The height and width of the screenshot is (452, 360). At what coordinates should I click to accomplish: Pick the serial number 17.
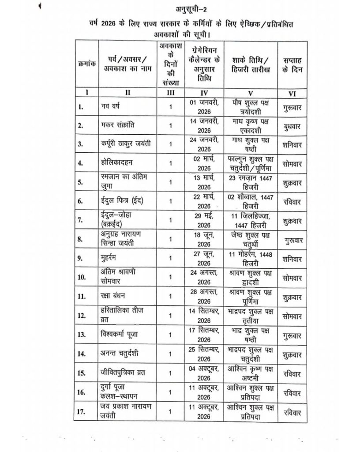82,412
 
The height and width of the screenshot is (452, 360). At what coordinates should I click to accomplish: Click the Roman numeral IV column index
204,93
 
